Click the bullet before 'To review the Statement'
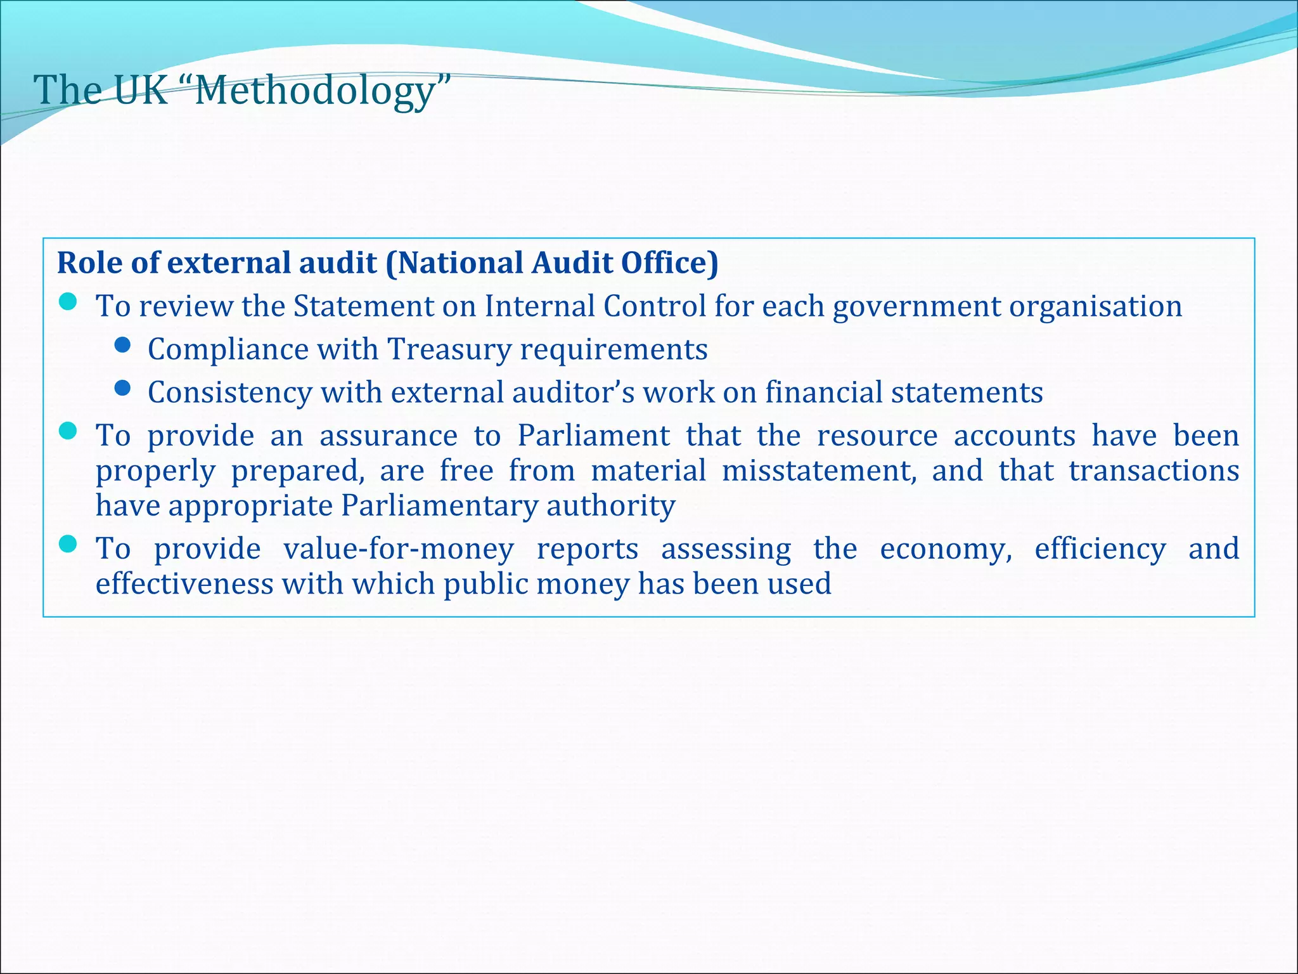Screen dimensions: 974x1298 coord(68,302)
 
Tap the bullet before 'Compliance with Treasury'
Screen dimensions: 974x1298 coord(122,345)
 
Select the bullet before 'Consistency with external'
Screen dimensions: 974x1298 coord(122,388)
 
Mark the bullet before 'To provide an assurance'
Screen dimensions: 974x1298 coord(68,431)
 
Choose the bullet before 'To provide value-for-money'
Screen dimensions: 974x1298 coord(68,544)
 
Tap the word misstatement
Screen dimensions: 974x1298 coord(819,471)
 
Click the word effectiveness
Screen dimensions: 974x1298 coord(184,584)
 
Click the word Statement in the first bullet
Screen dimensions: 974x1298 coord(363,307)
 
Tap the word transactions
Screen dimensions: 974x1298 coord(1153,471)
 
